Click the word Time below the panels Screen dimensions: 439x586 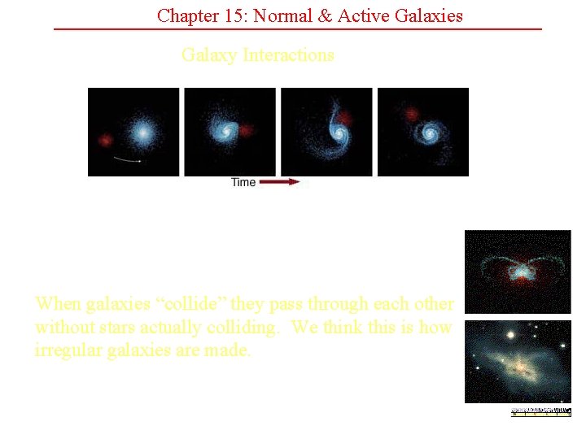point(243,182)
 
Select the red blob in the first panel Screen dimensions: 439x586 point(104,140)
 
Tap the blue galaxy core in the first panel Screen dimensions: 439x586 point(142,131)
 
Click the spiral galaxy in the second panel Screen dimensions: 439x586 point(221,129)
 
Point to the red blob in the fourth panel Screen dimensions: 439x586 point(411,113)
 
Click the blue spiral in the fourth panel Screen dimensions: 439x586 point(430,131)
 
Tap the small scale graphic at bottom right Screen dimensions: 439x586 point(540,412)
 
